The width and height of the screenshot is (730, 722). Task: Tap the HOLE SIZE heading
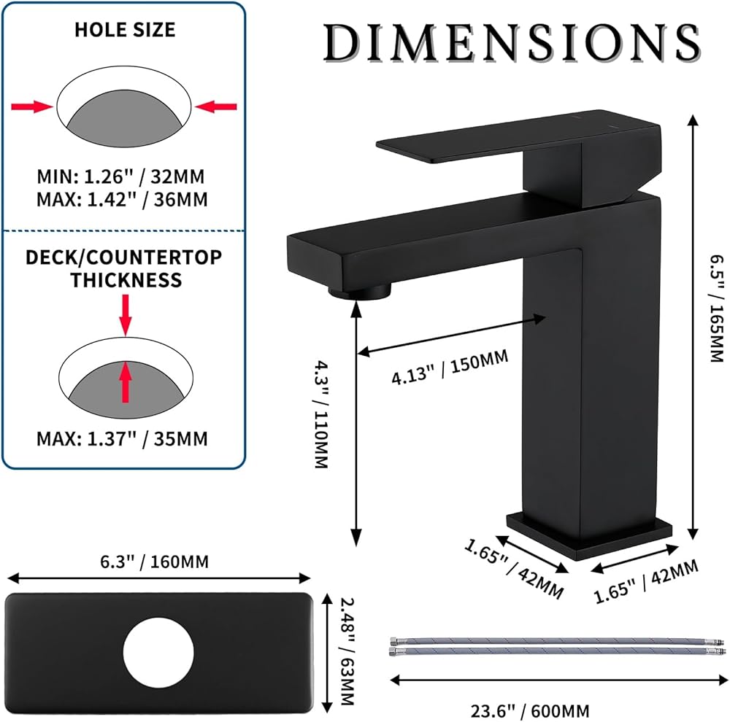tap(125, 30)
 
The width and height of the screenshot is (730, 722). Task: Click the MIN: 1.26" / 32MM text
tap(120, 176)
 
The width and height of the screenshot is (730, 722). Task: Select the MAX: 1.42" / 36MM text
tap(122, 200)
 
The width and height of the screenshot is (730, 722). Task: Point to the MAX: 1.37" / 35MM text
tap(122, 439)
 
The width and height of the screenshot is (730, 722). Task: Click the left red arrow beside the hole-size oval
tap(31, 107)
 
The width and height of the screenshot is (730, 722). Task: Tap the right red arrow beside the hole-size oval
tap(216, 107)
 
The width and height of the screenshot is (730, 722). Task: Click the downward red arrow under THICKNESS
tap(126, 314)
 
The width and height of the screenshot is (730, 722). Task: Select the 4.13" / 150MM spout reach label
tap(450, 367)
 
